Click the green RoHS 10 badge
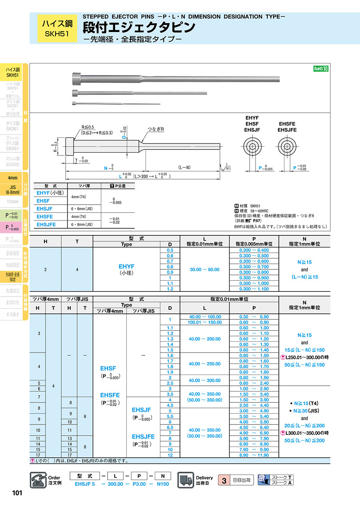[321, 69]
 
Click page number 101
[17, 493]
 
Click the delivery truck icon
[185, 479]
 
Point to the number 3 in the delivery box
[224, 480]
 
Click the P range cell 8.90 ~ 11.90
[254, 455]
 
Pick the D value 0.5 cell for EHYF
[170, 250]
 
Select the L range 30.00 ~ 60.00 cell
[204, 269]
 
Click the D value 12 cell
[170, 455]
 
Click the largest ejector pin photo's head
[76, 76]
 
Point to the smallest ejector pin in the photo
[116, 104]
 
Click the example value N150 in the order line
[162, 484]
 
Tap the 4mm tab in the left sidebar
[12, 177]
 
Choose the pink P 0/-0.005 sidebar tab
[12, 228]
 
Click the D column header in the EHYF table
[170, 244]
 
